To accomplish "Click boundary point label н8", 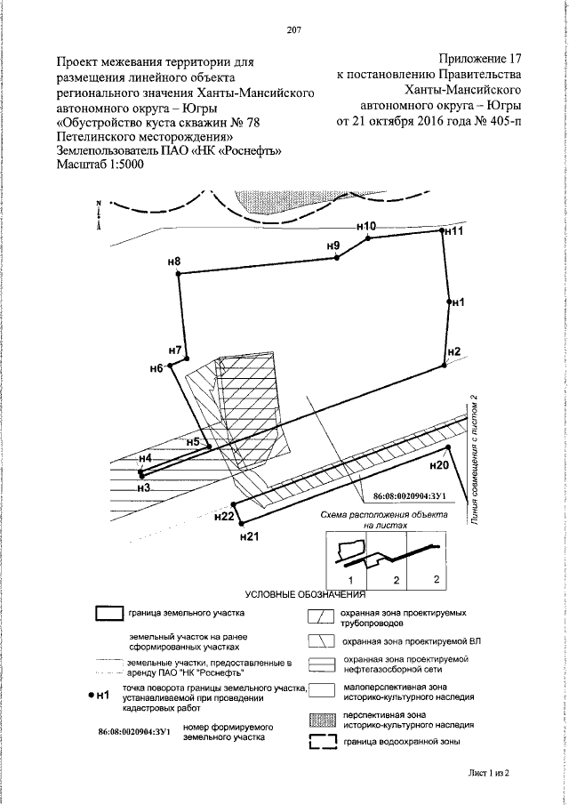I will (x=173, y=262).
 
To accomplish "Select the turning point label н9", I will (x=333, y=245).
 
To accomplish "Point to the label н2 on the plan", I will (x=453, y=350).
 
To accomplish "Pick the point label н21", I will (x=249, y=536).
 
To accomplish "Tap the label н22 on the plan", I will (x=225, y=516).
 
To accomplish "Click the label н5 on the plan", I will (x=193, y=442).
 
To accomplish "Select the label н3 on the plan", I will (x=143, y=487).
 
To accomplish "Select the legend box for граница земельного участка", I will (x=109, y=613).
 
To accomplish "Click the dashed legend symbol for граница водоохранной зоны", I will (x=322, y=745).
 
